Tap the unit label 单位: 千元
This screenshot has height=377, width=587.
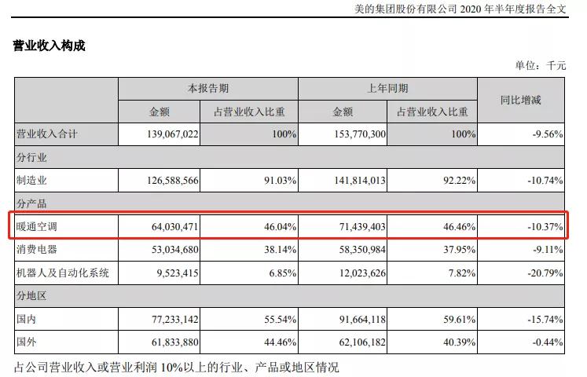[x=540, y=66]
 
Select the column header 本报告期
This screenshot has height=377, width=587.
[x=207, y=89]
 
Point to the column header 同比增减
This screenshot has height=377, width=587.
[x=521, y=100]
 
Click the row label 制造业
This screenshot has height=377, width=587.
[x=33, y=181]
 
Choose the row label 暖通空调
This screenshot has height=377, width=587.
[x=39, y=227]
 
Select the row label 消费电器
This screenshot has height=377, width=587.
[x=39, y=251]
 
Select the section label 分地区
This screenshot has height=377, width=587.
[x=33, y=297]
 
